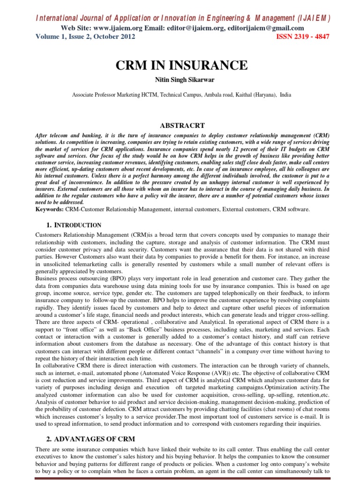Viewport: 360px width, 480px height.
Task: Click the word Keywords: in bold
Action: click(50, 210)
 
